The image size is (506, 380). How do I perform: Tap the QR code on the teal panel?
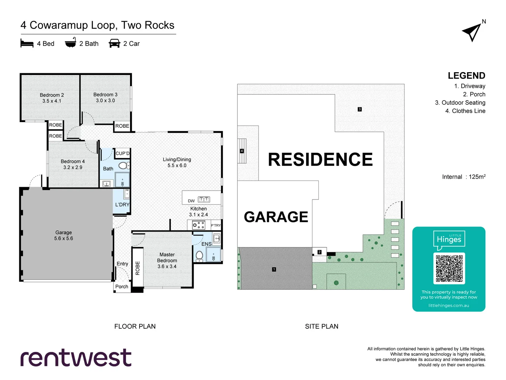[x=449, y=268]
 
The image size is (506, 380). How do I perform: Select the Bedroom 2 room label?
[x=52, y=98]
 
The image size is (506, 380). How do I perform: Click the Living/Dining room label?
[x=177, y=163]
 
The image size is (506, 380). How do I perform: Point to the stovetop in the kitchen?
[x=199, y=225]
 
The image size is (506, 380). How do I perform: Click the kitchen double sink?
[x=204, y=199]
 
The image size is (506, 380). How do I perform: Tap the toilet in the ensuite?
[x=199, y=256]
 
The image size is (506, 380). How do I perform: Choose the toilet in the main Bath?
[x=124, y=166]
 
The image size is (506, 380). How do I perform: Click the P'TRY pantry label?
[x=216, y=226]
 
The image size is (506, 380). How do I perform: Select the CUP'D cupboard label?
[x=122, y=153]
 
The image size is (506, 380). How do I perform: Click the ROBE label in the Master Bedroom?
[x=138, y=268]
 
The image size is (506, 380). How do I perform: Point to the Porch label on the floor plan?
[x=122, y=286]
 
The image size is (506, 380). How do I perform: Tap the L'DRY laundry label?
[x=122, y=205]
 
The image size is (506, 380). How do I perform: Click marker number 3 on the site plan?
[x=359, y=109]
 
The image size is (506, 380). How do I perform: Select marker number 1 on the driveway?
[x=274, y=269]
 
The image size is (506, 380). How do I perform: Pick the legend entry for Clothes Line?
[x=465, y=111]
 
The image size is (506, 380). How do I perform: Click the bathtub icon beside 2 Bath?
[x=70, y=43]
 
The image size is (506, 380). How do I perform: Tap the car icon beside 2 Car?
[x=114, y=43]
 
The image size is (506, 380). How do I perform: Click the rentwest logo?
[x=76, y=357]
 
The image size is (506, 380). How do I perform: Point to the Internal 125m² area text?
[x=464, y=177]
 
